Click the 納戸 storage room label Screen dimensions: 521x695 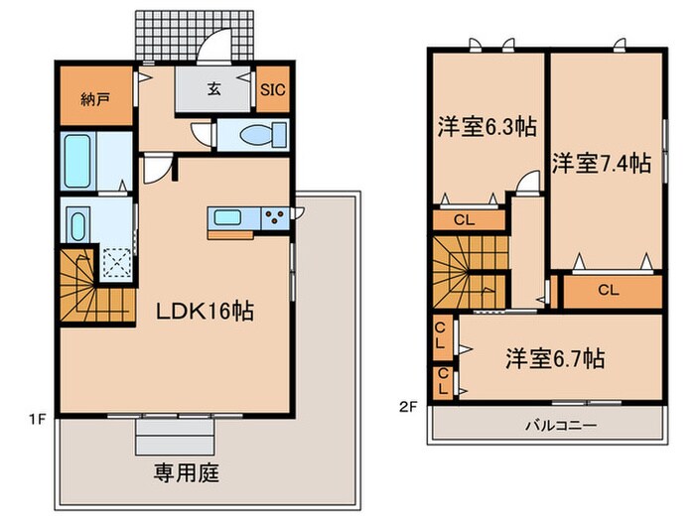tap(95, 99)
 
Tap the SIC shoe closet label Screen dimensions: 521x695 tap(273, 88)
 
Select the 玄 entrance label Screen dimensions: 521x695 tap(213, 88)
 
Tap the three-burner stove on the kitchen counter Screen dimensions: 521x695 tap(276, 217)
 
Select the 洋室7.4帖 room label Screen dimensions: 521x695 tap(602, 161)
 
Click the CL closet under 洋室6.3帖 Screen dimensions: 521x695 tap(464, 220)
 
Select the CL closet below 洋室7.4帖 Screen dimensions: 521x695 tap(610, 290)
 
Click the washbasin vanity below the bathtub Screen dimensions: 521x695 tap(78, 223)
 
